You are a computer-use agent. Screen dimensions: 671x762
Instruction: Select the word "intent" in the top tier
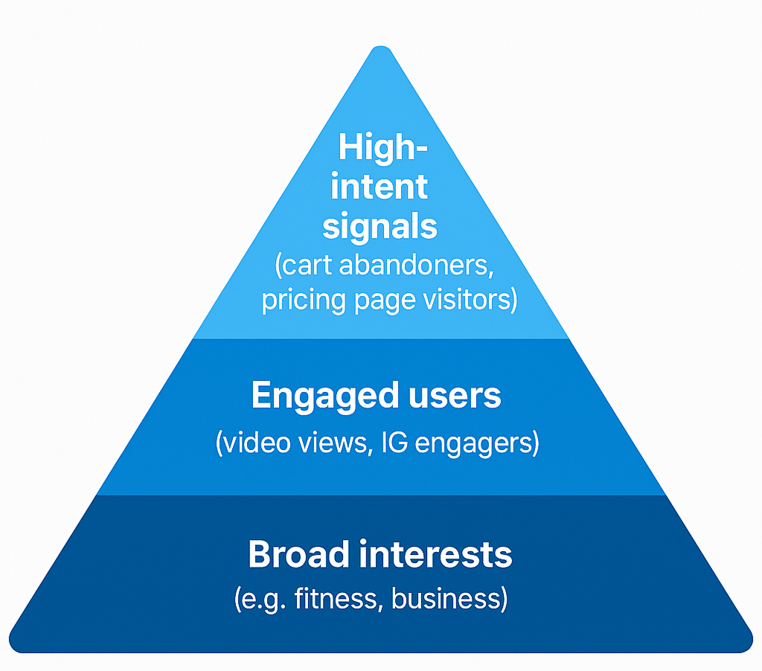point(380,187)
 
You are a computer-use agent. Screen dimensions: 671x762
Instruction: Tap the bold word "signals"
point(380,226)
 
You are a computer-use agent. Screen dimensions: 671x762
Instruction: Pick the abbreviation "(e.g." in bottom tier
point(259,598)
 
